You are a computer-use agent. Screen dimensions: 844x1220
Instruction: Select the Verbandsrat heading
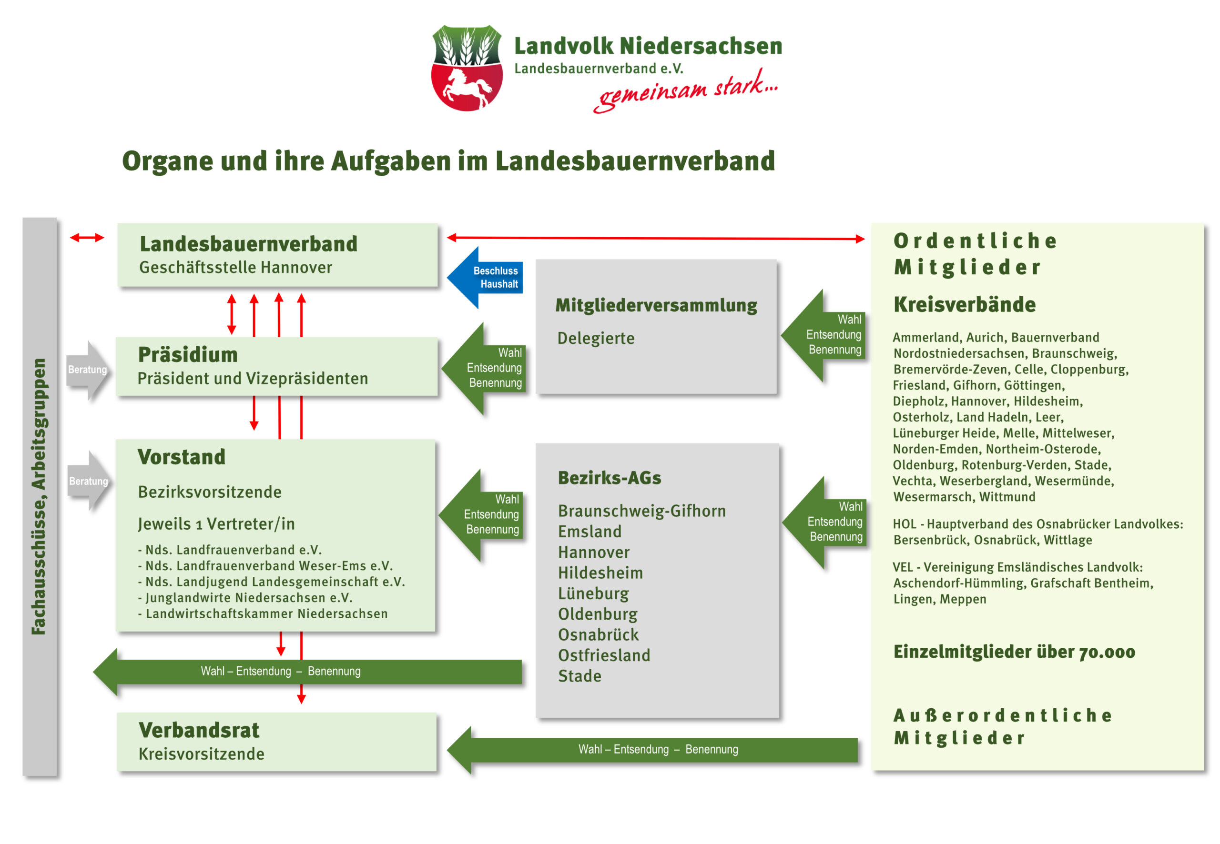pos(199,730)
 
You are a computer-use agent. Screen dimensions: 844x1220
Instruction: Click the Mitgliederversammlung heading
pos(656,305)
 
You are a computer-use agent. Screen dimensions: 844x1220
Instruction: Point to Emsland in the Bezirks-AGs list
pos(590,532)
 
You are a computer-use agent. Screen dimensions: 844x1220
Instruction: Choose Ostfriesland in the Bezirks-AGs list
pos(604,655)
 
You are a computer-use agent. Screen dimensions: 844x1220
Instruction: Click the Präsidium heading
pos(188,355)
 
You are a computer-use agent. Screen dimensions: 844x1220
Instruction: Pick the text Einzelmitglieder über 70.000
pos(1014,652)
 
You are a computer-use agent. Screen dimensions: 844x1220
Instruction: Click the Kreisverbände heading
pos(965,305)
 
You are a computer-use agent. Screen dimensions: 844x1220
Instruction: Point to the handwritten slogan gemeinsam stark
pos(686,91)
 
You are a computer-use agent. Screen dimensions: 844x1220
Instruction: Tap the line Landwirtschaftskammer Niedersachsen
pos(266,613)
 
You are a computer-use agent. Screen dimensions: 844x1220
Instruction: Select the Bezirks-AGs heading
pos(610,478)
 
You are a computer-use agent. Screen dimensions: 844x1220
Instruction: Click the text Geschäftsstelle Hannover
pos(235,268)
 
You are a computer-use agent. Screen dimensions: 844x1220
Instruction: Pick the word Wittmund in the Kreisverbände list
pos(1007,497)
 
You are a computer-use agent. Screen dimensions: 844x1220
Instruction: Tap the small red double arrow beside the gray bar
pos(87,238)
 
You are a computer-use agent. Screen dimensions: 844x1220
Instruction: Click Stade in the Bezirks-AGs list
pos(580,676)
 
